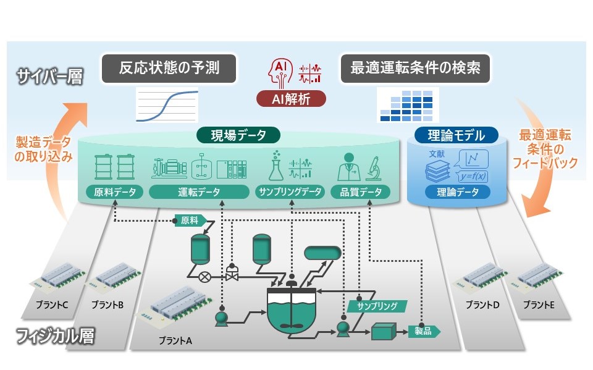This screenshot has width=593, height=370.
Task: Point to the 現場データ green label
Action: (238, 135)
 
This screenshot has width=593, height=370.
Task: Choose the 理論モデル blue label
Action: (457, 135)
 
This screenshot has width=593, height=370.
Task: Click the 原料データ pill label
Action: (115, 191)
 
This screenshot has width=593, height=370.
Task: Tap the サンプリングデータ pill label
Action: (290, 191)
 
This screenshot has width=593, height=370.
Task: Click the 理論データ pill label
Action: (458, 192)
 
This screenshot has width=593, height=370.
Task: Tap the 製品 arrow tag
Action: (424, 331)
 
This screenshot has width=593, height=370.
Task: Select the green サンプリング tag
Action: (372, 305)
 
